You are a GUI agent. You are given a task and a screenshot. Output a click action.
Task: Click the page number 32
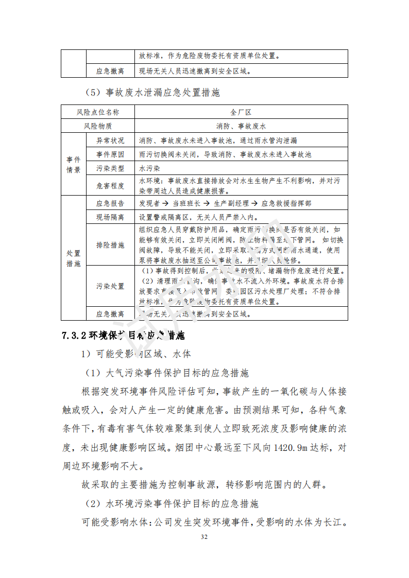(204, 537)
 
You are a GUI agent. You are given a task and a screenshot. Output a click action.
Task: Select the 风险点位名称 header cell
(98, 112)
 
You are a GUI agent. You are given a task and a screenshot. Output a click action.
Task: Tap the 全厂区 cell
(241, 112)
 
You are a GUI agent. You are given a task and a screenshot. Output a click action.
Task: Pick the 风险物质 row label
(98, 126)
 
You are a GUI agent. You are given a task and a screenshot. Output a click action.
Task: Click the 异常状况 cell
(110, 140)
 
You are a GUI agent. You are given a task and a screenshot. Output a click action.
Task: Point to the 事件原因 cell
(110, 154)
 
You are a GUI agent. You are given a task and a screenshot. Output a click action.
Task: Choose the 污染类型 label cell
(110, 168)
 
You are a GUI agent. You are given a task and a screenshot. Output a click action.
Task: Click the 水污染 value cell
(150, 168)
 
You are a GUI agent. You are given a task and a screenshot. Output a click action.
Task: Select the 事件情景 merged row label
(73, 165)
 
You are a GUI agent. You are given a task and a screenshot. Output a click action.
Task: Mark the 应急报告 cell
(110, 203)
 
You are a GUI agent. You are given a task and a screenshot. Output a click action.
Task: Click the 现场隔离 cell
(110, 217)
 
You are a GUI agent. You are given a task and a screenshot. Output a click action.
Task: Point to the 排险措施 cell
(110, 245)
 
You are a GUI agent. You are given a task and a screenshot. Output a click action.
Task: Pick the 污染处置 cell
(110, 286)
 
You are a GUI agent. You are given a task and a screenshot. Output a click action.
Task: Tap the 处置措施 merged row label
(73, 258)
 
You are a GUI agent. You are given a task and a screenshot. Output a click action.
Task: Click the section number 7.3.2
(74, 336)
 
